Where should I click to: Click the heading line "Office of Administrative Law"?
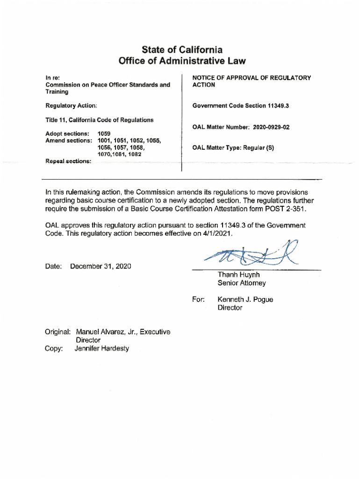tap(182, 61)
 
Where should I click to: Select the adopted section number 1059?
tap(104, 134)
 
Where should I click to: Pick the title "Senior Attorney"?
tap(241, 283)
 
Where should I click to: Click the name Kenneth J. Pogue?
tap(245, 300)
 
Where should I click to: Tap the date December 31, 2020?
tap(101, 267)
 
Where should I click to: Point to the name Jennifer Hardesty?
tap(101, 348)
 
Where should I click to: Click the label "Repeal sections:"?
tap(68, 161)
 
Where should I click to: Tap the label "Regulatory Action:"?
tap(71, 106)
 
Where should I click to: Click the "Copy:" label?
tap(54, 348)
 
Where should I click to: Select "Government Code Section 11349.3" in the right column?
tap(241, 106)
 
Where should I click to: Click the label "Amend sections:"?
tap(69, 140)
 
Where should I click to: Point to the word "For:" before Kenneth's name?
tap(198, 300)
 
